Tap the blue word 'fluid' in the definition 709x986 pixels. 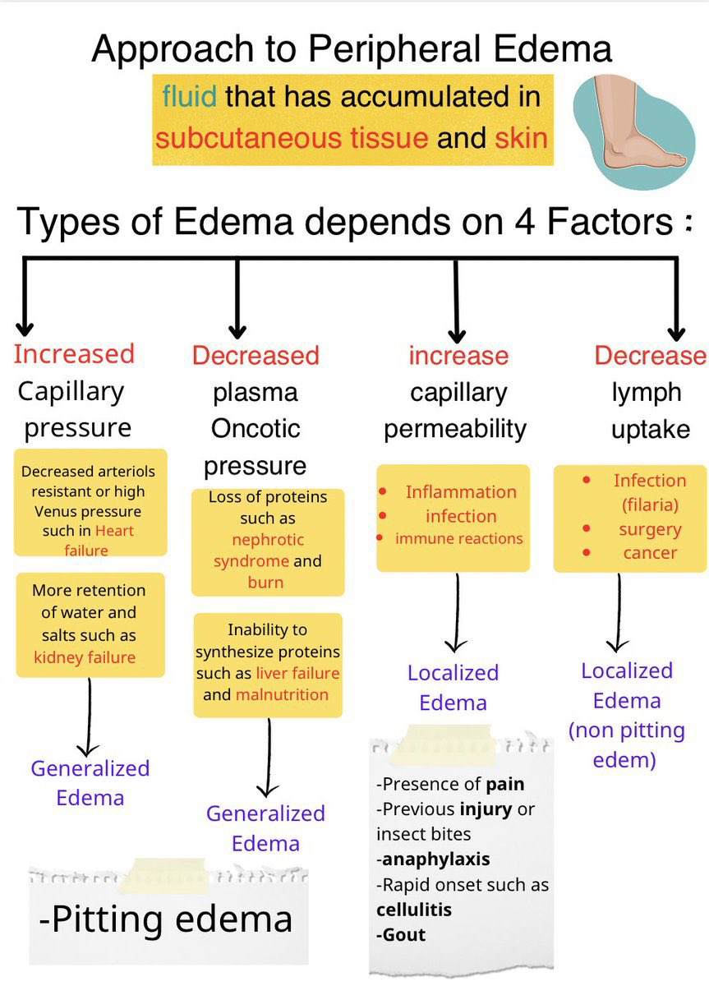pos(189,97)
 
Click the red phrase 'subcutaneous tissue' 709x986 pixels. pos(292,137)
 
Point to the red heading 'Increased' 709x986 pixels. pos(74,354)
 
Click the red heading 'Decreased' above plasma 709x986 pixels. pos(256,356)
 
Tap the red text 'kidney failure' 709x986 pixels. pos(85,657)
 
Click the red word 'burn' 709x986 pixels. pos(265,583)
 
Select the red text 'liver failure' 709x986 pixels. pos(297,673)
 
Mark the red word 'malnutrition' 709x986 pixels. pos(282,694)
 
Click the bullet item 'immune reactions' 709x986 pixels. pos(458,539)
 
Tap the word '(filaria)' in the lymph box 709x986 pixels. pos(649,504)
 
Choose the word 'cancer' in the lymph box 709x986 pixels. pos(650,552)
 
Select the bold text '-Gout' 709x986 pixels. pos(401,935)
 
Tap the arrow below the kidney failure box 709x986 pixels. pos(88,715)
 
